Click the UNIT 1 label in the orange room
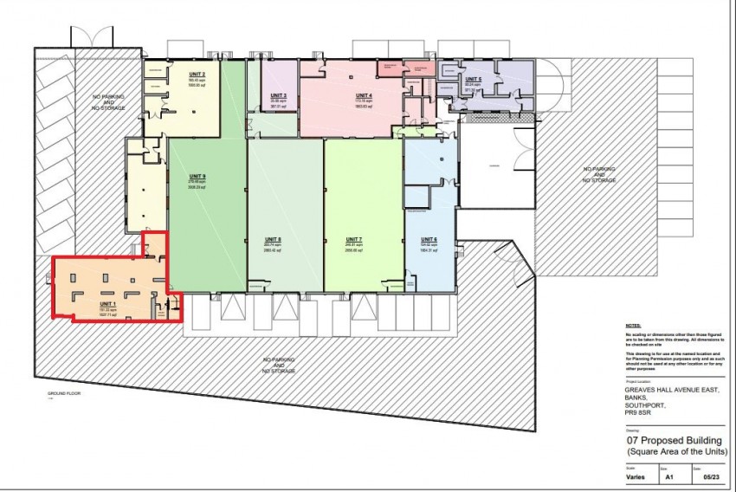pos(107,304)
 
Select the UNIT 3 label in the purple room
pos(278,94)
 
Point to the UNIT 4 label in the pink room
pos(364,94)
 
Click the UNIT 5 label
pos(473,79)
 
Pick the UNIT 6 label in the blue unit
pos(429,239)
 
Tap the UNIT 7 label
pos(353,239)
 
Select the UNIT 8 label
pos(274,239)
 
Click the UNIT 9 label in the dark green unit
pos(197,177)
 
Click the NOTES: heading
pos(634,327)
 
